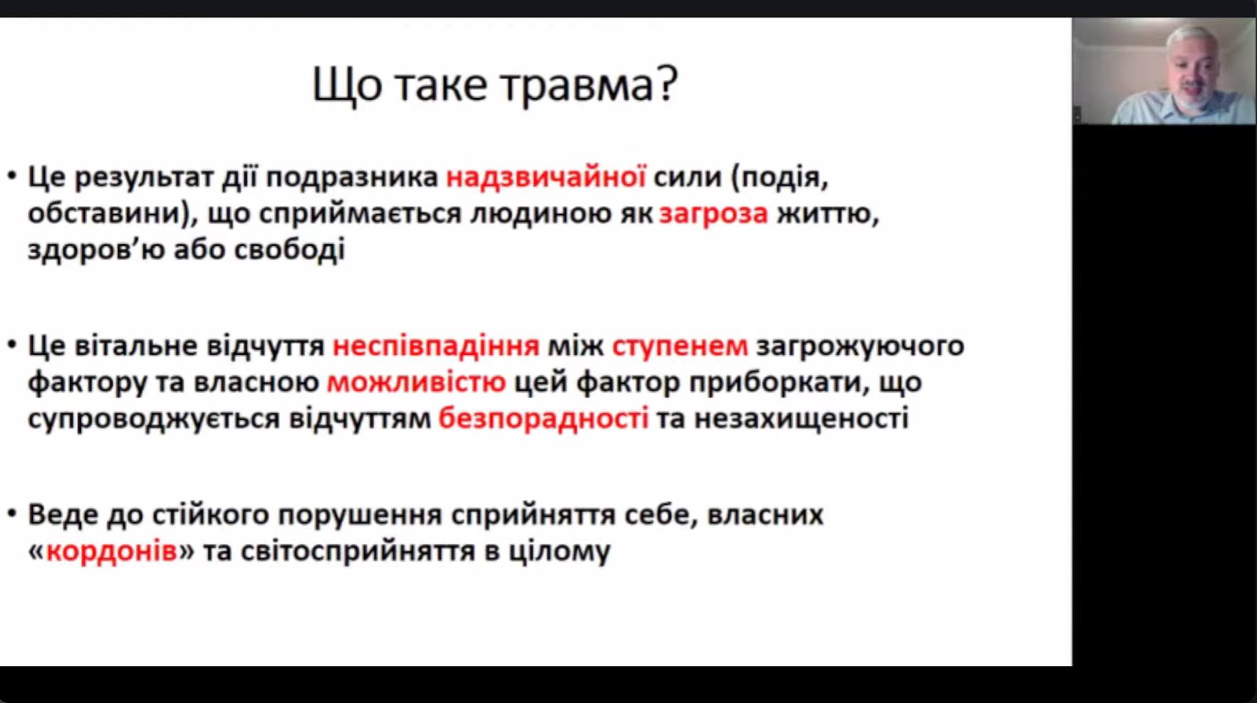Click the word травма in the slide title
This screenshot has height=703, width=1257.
[x=578, y=86]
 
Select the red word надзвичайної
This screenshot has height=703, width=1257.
[x=546, y=177]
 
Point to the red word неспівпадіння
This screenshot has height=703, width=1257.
[x=436, y=346]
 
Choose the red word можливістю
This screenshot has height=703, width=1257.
[x=416, y=382]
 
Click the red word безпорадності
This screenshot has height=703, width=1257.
[x=543, y=419]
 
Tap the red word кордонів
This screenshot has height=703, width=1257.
[x=111, y=551]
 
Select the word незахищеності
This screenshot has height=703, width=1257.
[x=801, y=419]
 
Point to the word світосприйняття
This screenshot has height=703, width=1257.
[x=358, y=551]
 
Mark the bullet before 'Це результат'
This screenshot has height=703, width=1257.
[x=12, y=175]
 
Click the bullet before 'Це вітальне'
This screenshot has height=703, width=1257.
[x=12, y=345]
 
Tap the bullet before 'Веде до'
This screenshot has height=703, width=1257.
[x=12, y=513]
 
